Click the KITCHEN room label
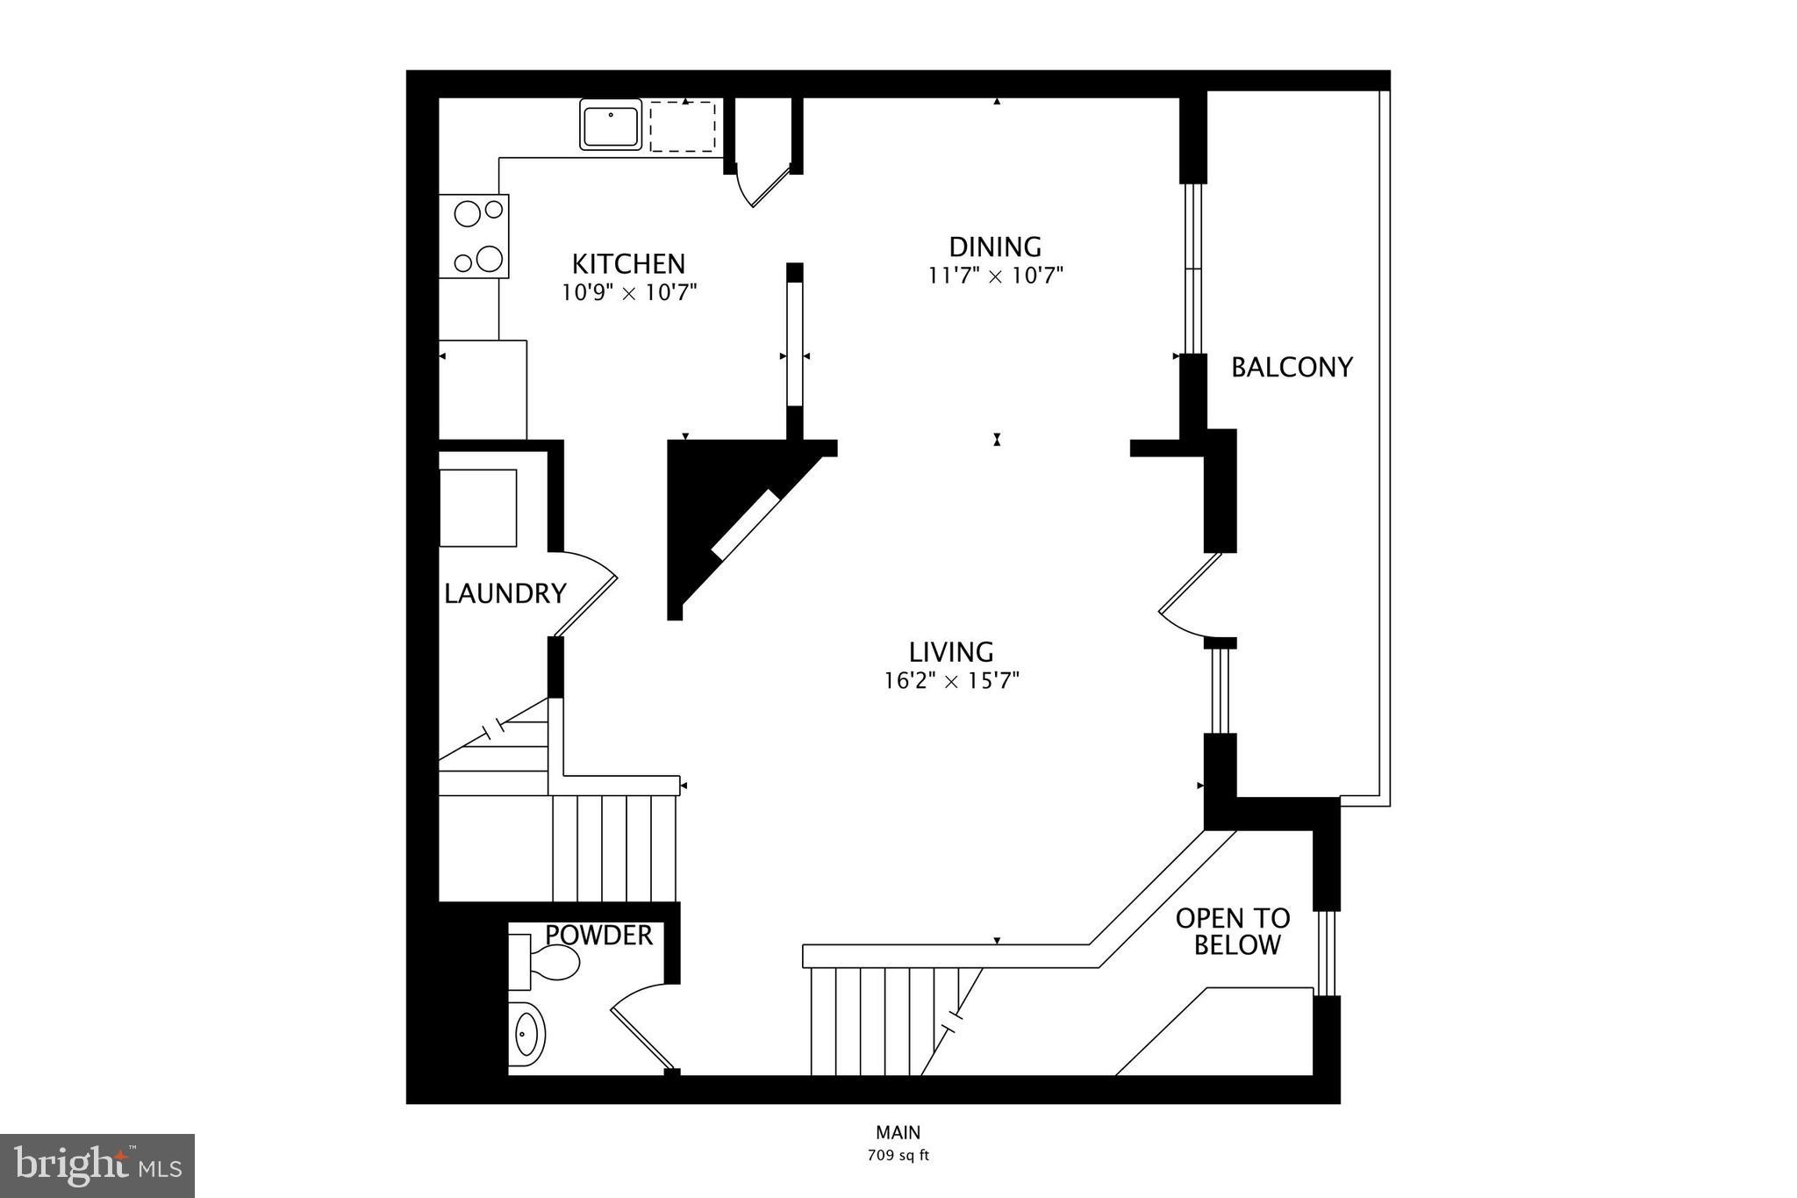[x=628, y=263]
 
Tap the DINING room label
[x=995, y=247]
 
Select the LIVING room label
[x=951, y=652]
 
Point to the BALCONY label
[x=1292, y=367]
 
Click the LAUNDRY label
[x=505, y=594]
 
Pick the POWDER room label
[x=599, y=936]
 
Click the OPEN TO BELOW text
[x=1233, y=932]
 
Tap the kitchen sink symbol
[x=611, y=125]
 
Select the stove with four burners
[x=474, y=236]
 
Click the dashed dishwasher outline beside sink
[x=683, y=126]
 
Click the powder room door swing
[x=641, y=1027]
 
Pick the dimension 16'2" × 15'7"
[x=951, y=680]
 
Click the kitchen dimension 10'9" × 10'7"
[x=628, y=292]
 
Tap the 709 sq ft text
[x=898, y=1155]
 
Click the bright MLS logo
[x=97, y=1166]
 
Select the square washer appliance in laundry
[x=477, y=508]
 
